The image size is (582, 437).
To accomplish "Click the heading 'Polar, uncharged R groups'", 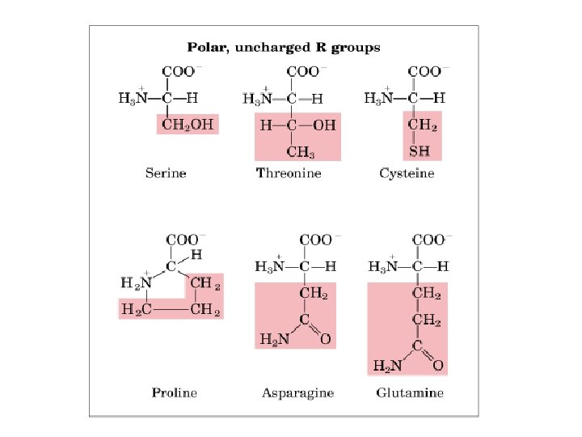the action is pos(284,48).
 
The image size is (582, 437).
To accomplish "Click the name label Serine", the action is pos(166,172).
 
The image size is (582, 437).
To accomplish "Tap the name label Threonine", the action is pos(289,172).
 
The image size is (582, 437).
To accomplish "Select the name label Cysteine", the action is pos(407,172).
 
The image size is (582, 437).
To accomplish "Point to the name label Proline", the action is pos(174,392).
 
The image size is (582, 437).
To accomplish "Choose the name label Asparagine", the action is pos(297,392).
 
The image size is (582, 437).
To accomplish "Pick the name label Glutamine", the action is pos(410,392).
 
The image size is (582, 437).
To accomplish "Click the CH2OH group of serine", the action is pos(187,125).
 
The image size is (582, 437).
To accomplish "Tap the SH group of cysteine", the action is pos(420,151).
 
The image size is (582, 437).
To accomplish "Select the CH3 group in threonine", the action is pos(301,151).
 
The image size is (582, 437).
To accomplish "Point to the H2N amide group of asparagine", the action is pos(273,340).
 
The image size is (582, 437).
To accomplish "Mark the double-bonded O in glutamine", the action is pos(438,366).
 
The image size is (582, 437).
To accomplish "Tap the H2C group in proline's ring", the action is pos(135,309).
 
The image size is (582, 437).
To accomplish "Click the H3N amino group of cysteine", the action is pos(378,99).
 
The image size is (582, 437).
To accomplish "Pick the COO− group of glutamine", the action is pos(428,240).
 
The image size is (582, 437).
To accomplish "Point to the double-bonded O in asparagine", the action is pos(325,340).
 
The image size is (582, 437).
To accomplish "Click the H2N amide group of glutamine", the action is pos(386,366).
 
